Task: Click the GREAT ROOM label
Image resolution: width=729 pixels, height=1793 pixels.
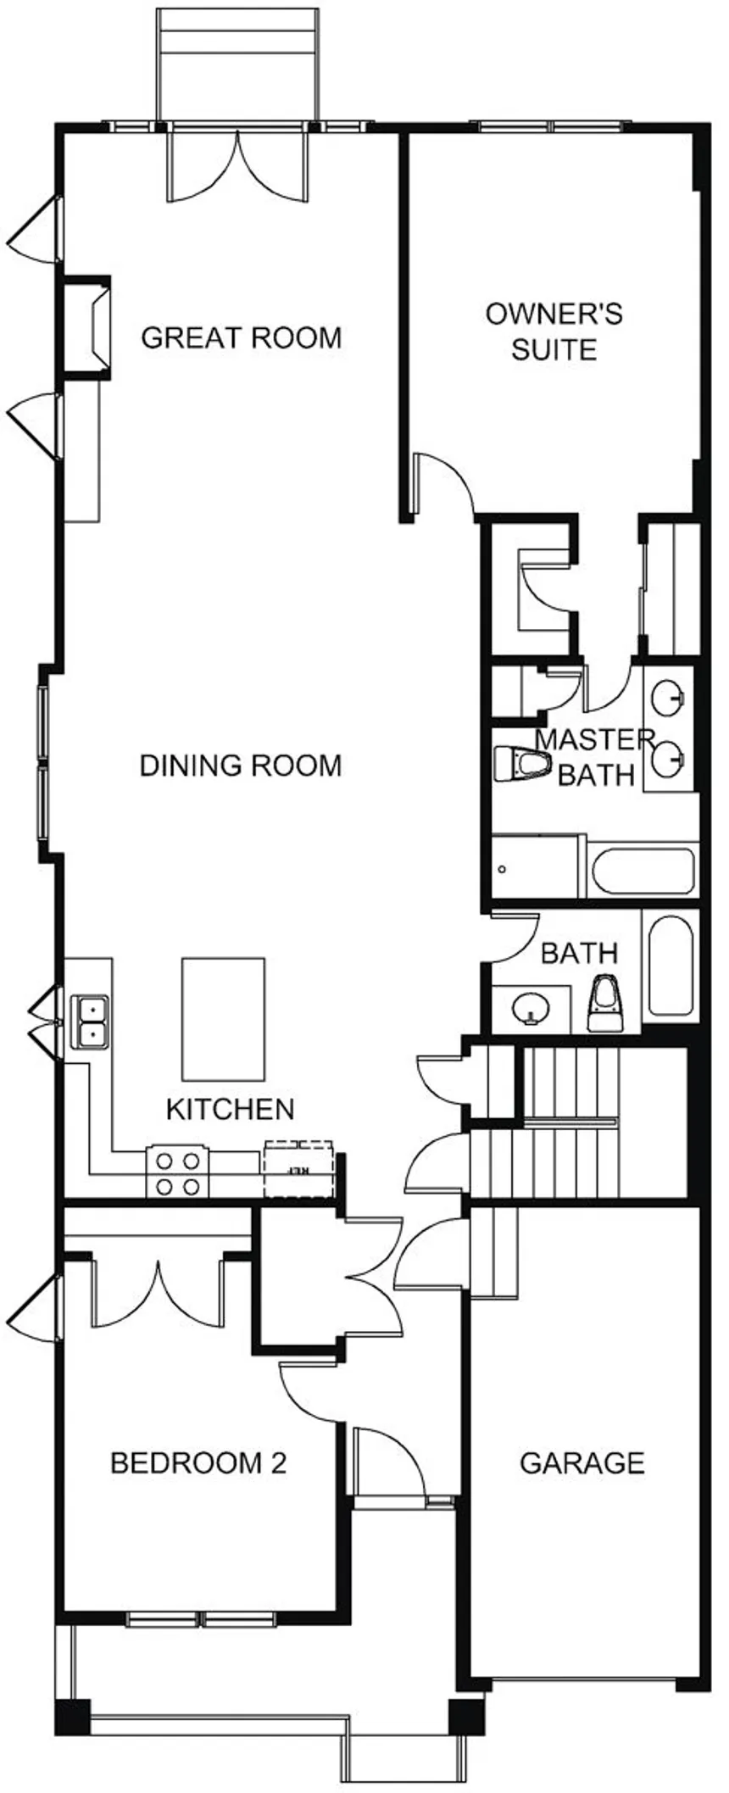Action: coord(242,337)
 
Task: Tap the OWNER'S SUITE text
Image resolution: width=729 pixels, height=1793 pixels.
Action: coord(554,331)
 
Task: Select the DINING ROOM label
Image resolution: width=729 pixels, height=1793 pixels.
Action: coord(241,766)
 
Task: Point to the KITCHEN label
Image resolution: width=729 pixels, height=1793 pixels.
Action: coord(230,1109)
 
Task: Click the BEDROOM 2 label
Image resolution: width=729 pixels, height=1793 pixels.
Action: coord(198,1462)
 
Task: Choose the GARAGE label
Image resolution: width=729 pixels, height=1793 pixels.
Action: coord(582,1462)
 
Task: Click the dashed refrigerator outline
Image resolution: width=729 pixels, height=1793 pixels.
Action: coord(298,1169)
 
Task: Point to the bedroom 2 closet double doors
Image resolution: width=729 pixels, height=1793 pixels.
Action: coord(158,1293)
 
